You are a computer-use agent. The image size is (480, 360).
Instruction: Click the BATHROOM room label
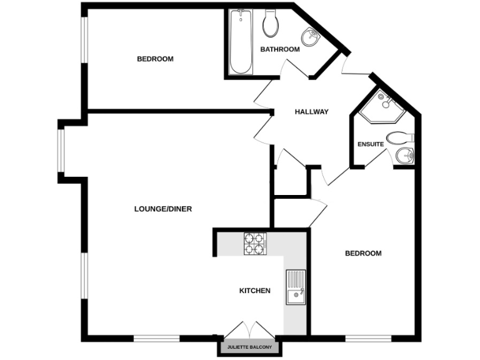(x=280, y=49)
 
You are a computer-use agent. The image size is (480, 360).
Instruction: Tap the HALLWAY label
(x=311, y=112)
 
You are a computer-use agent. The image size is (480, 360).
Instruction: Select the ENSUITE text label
(x=371, y=144)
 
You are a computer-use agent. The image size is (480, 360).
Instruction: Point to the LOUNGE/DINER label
(x=162, y=209)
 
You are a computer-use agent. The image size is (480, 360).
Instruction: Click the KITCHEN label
(x=255, y=291)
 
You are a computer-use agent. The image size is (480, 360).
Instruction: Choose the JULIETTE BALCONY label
(x=249, y=346)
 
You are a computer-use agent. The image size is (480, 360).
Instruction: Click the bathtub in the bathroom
(x=238, y=42)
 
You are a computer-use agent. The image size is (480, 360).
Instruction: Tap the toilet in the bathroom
(x=271, y=24)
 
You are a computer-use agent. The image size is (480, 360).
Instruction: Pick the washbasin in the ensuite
(x=405, y=155)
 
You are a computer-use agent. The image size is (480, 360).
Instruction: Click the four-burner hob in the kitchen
(x=255, y=243)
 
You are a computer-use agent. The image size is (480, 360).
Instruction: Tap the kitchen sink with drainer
(x=295, y=287)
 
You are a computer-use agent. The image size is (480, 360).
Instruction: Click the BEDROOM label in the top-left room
(x=155, y=59)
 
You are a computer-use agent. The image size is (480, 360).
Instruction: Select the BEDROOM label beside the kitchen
(x=363, y=253)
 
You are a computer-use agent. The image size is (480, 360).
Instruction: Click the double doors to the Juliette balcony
(x=248, y=329)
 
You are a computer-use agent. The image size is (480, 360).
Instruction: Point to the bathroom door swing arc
(x=294, y=69)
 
